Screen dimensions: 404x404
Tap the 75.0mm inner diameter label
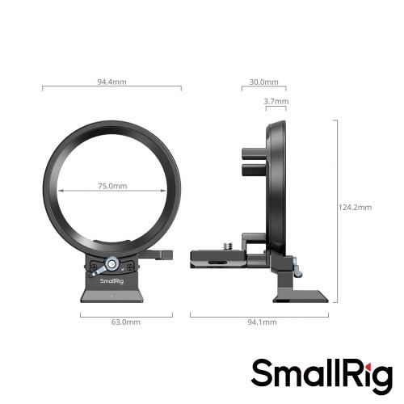point(113,186)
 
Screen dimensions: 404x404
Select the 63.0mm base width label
point(112,322)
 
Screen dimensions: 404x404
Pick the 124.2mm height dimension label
point(355,208)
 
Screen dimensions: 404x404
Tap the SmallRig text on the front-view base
point(112,282)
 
